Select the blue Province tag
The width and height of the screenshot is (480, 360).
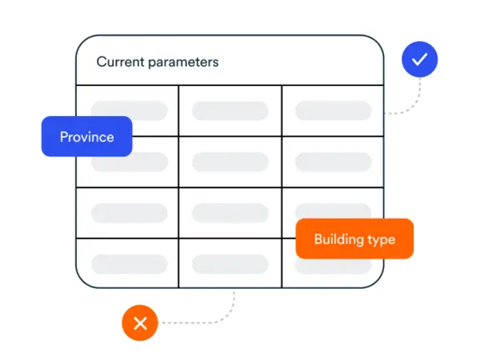(87, 136)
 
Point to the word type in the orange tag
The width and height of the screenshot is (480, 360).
(381, 240)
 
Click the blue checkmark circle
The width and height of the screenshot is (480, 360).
(419, 59)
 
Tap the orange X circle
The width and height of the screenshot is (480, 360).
(140, 322)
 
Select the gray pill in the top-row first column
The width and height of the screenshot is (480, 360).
(129, 110)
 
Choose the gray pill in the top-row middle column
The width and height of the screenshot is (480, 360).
(230, 110)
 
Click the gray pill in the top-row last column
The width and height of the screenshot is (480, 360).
(333, 110)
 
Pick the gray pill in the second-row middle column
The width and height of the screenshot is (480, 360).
(230, 162)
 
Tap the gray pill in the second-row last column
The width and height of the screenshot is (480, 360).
(333, 162)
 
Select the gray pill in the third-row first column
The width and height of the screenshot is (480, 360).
(129, 213)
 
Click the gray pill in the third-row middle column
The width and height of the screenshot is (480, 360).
(230, 213)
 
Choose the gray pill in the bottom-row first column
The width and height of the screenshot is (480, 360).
(129, 264)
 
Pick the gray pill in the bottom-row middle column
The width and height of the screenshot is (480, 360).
(230, 264)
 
